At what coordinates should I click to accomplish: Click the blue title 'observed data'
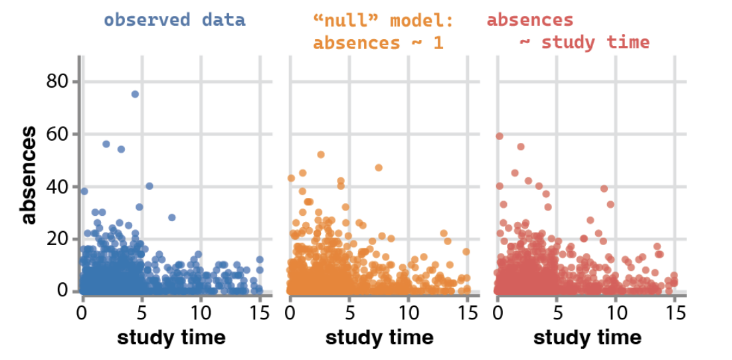pos(174,19)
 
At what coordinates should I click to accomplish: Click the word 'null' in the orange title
pos(345,21)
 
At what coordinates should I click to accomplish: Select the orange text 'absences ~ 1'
pos(377,43)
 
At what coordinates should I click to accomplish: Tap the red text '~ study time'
pos(584,43)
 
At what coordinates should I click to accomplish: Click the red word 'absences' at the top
pos(529,20)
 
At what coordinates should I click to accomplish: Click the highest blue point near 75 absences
pos(135,94)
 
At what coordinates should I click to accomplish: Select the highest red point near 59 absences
pos(500,136)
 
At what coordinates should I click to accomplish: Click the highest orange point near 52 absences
pos(321,154)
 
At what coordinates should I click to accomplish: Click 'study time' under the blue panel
pos(171,337)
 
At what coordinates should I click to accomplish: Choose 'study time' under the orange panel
pos(379,337)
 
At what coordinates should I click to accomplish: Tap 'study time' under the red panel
pos(587,337)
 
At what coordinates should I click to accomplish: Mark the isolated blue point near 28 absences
pos(171,217)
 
